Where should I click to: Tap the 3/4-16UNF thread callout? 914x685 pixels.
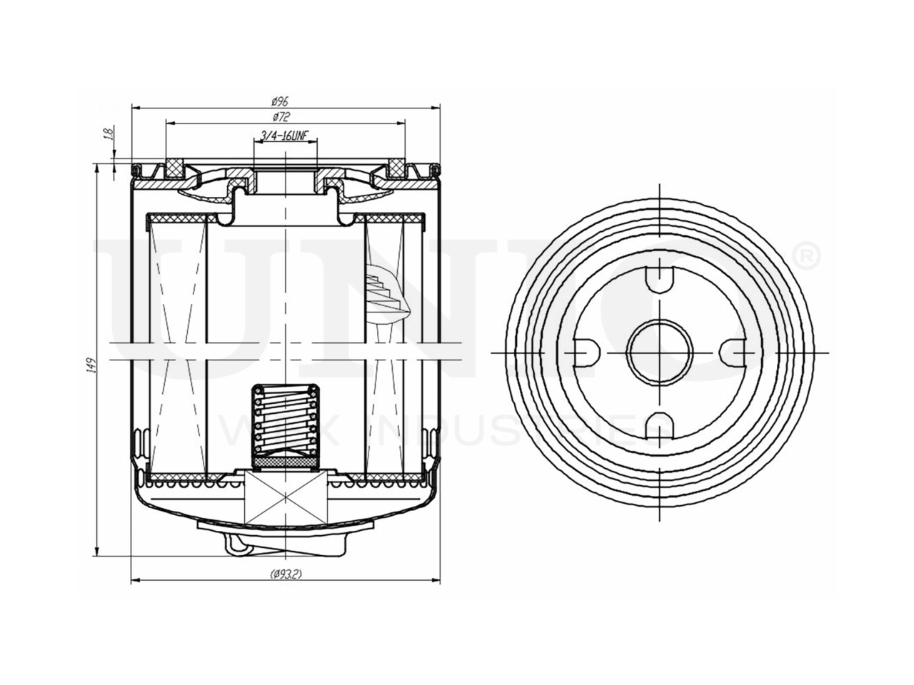pyautogui.click(x=285, y=136)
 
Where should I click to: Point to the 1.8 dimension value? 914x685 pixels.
pyautogui.click(x=109, y=134)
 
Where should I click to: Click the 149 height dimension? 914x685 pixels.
pyautogui.click(x=91, y=366)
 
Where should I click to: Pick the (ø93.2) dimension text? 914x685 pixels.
pyautogui.click(x=286, y=574)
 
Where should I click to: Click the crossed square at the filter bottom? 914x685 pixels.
pyautogui.click(x=285, y=496)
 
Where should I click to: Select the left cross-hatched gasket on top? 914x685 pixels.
pyautogui.click(x=174, y=168)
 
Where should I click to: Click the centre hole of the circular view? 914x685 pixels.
pyautogui.click(x=661, y=350)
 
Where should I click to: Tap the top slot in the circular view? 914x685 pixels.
pyautogui.click(x=661, y=278)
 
